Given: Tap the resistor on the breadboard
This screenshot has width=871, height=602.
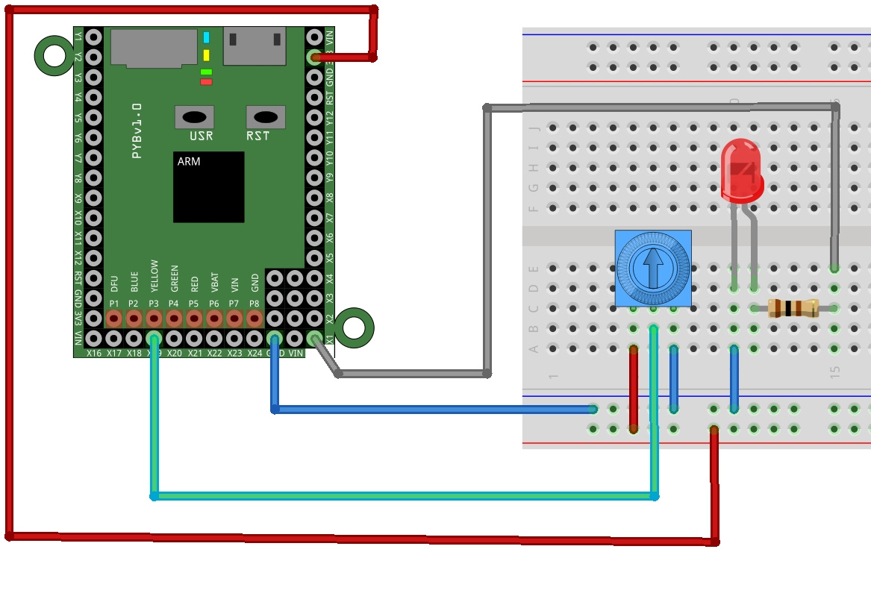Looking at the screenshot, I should click(793, 307).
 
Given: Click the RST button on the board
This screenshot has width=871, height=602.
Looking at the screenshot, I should click(266, 117).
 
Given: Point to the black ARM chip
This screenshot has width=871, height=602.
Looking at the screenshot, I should click(208, 187).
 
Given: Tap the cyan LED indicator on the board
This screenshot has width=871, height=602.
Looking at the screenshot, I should click(206, 37).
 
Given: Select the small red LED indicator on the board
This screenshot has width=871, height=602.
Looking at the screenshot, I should click(206, 82).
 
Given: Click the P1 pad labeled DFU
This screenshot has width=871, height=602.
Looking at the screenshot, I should click(113, 319).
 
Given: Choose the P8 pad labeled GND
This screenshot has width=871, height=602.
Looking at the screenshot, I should click(255, 319).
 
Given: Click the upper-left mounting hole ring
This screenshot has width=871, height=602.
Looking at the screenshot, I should click(54, 56).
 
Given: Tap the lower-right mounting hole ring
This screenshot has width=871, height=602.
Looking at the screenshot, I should click(354, 327).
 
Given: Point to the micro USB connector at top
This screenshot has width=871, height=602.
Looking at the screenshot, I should click(255, 46).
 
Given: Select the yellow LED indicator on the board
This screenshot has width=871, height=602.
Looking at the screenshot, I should click(206, 55).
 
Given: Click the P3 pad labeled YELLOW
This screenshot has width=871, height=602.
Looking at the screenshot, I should click(154, 319).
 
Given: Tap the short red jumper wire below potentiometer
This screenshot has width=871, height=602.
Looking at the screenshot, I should click(634, 388).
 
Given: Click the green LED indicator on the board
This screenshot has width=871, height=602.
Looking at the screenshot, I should click(206, 72).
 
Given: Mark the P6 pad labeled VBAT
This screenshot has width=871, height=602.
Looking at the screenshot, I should click(214, 319).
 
